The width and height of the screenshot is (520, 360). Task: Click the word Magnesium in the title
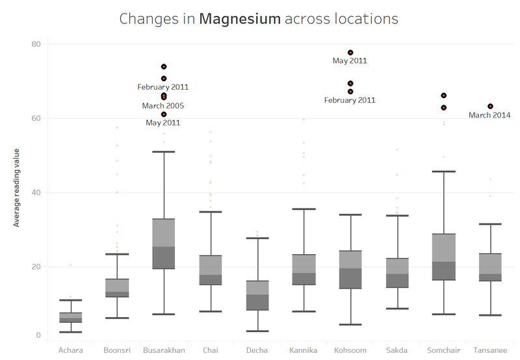(240, 19)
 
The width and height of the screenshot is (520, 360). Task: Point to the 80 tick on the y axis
(36, 44)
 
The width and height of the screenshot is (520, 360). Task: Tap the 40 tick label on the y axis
(36, 192)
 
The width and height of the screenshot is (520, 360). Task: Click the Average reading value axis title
(16, 188)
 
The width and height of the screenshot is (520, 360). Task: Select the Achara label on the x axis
(71, 350)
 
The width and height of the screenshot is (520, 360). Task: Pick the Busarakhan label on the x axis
(164, 350)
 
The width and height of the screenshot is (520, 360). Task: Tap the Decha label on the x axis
(257, 350)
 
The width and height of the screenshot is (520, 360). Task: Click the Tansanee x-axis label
(490, 350)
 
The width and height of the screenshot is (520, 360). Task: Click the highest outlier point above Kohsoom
(350, 53)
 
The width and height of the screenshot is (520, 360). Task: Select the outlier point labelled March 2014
(490, 107)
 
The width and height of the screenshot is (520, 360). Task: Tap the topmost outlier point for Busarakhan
(164, 67)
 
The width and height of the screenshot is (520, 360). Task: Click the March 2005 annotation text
(163, 106)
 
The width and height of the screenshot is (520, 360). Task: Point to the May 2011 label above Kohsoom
(350, 60)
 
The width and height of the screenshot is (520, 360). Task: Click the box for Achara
(71, 318)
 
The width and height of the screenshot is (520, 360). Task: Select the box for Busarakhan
(164, 244)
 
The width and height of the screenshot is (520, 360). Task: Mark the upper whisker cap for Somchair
(444, 172)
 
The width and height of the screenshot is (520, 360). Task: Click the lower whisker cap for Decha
(257, 331)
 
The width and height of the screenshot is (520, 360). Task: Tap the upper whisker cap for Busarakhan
(164, 152)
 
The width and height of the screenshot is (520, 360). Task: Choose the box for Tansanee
(491, 268)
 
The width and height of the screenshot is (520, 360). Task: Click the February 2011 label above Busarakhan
(163, 87)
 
